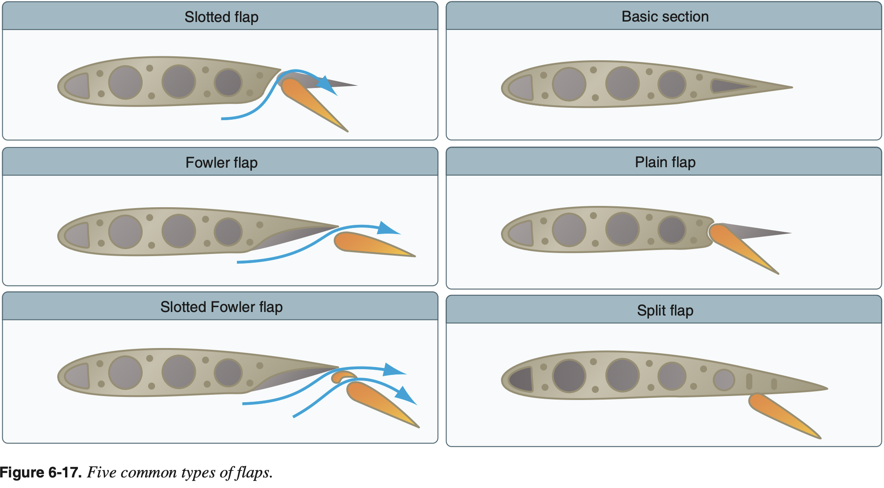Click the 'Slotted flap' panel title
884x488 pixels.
pyautogui.click(x=221, y=17)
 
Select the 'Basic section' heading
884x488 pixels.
pyautogui.click(x=665, y=17)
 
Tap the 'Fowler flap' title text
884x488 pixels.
pyautogui.click(x=221, y=163)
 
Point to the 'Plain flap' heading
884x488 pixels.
pyautogui.click(x=665, y=162)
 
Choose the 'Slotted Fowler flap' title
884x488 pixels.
pyautogui.click(x=221, y=307)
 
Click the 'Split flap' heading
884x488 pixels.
pyautogui.click(x=665, y=311)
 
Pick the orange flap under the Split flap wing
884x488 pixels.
pyautogui.click(x=779, y=414)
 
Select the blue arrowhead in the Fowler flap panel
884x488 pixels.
pyautogui.click(x=388, y=228)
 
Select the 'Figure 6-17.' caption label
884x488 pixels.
pyautogui.click(x=41, y=473)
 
